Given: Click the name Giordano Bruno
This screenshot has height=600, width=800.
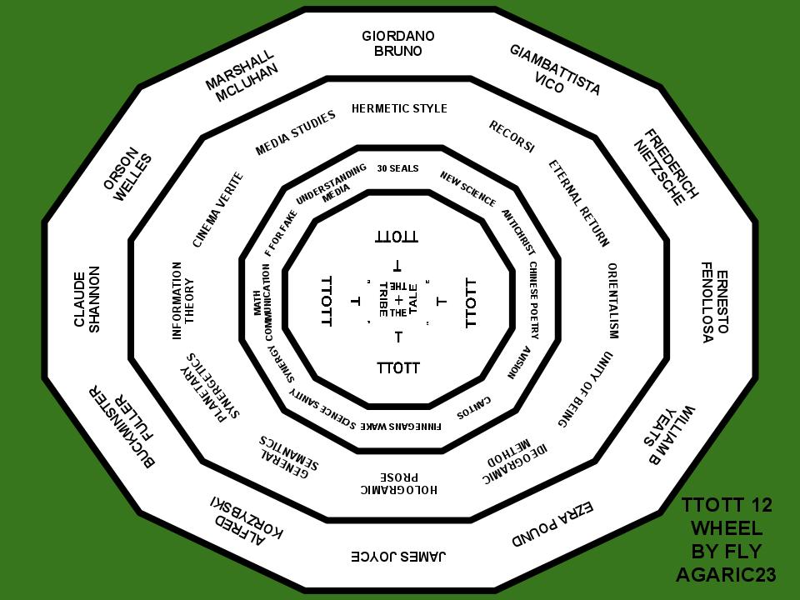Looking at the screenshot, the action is pos(398,43).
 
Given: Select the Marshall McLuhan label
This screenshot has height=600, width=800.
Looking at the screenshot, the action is pos(240,76).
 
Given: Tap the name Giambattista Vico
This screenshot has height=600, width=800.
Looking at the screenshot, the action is pos(555,70).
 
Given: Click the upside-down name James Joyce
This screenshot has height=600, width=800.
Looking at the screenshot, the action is pos(399,556).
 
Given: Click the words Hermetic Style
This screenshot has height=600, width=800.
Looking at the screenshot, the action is pos(399,108).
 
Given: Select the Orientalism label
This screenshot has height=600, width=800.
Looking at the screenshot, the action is pos(612,301).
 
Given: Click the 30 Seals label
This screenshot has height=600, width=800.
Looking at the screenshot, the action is pos(397,168).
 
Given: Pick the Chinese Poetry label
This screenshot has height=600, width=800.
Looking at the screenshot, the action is pos(534,301).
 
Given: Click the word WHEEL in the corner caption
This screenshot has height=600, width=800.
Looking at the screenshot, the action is pos(726,528).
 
